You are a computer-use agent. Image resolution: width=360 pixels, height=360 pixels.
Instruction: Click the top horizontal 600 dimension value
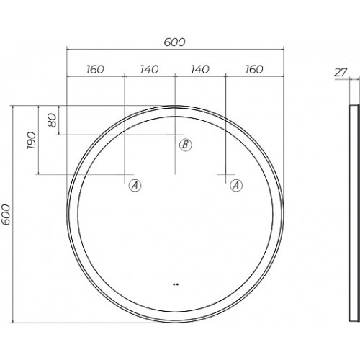[175, 42]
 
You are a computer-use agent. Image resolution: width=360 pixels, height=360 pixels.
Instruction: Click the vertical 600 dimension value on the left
[6, 215]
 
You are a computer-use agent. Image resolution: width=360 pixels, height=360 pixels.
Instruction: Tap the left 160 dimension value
[95, 69]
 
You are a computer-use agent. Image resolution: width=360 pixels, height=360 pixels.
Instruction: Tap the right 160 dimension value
[254, 69]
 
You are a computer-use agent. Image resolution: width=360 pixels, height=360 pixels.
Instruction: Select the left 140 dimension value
[149, 69]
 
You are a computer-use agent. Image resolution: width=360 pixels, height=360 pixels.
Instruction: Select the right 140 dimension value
[200, 69]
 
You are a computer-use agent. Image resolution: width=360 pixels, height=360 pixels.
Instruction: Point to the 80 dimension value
[52, 120]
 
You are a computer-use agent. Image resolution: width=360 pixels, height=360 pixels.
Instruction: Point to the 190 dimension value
[32, 140]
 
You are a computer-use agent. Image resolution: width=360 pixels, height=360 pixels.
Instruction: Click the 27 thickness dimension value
[341, 72]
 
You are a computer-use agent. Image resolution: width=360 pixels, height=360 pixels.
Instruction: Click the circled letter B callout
[186, 145]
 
